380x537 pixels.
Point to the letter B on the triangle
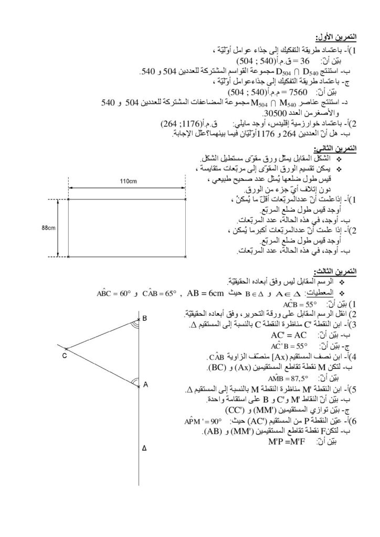tap(144, 318)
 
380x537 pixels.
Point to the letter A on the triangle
tap(145, 384)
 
